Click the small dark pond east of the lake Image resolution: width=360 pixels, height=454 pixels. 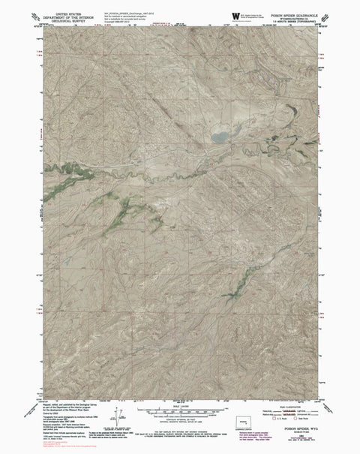click(x=289, y=110)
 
